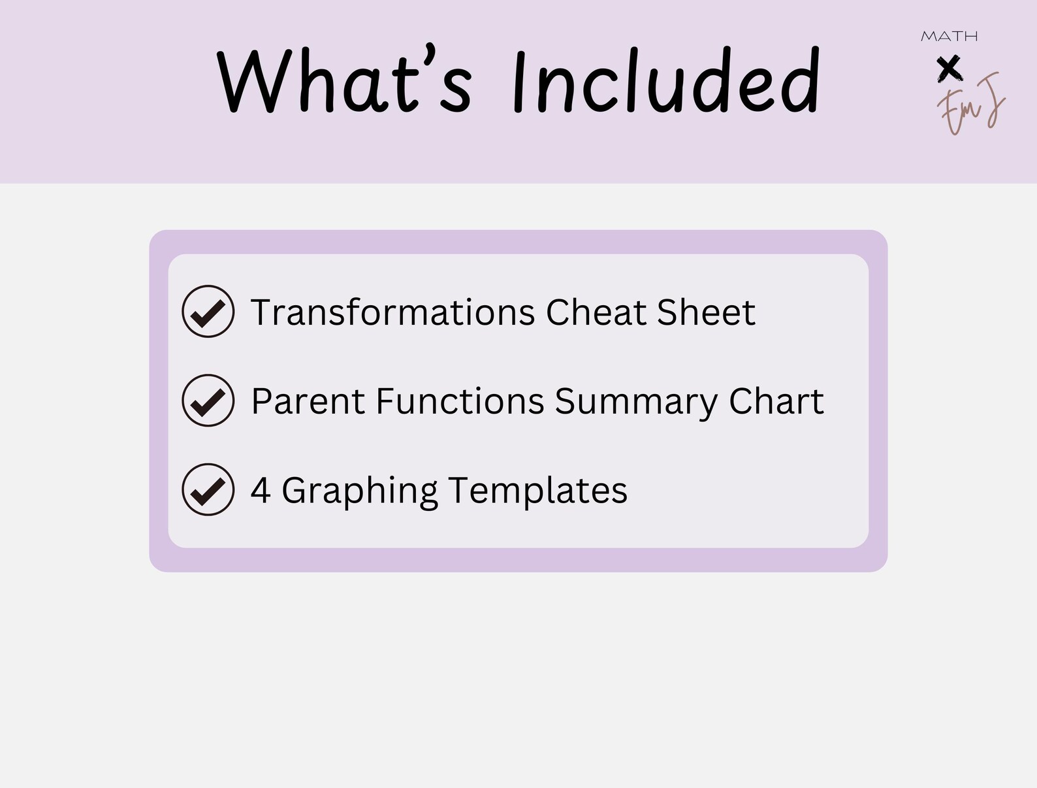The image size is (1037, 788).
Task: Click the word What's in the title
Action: point(343,82)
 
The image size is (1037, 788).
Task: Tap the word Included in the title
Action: point(665,82)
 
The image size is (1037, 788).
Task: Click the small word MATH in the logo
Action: point(949,37)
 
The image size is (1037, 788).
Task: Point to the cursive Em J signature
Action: point(970,105)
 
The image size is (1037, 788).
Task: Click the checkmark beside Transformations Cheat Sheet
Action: point(208,312)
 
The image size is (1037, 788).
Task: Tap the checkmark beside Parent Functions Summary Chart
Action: point(208,401)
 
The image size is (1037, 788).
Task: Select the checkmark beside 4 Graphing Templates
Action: point(208,489)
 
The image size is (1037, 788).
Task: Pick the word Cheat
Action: point(596,312)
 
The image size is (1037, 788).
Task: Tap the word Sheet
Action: point(705,312)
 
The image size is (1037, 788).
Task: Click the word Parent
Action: point(308,401)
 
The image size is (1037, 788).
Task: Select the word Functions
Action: point(460,401)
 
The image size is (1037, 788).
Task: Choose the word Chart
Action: point(776,401)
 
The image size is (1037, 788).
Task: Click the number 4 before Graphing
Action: point(261,490)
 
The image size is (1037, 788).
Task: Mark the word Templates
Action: point(537,490)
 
